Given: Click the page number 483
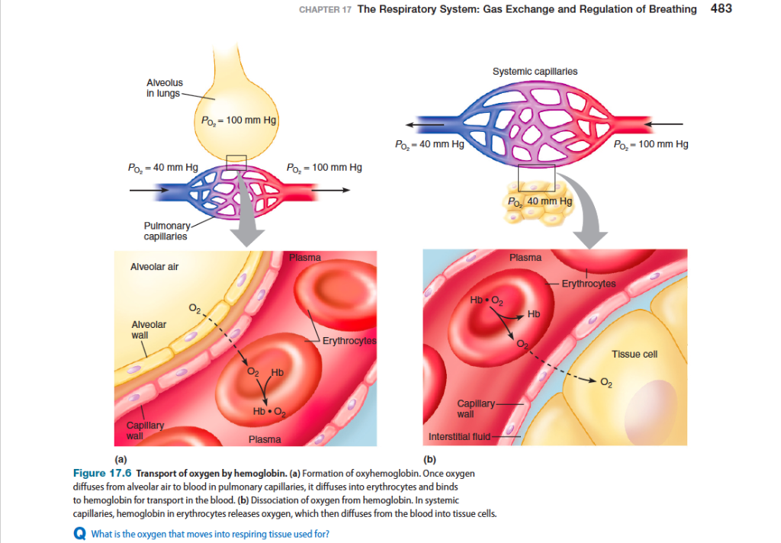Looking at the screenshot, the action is (721, 8).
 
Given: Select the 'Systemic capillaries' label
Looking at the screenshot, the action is (535, 71).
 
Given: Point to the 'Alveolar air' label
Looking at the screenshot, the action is (154, 266).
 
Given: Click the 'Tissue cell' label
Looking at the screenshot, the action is (635, 354).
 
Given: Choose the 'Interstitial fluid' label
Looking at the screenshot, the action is (459, 437).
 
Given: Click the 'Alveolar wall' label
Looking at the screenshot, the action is (149, 329).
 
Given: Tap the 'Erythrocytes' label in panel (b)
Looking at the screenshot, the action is (589, 284).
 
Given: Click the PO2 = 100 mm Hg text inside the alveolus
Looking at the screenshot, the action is (239, 120).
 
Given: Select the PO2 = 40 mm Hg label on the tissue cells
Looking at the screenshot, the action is (540, 201).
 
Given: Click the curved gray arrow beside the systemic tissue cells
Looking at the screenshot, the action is (585, 209).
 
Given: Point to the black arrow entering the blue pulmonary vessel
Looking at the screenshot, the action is (149, 190).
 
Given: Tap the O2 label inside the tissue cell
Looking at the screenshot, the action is (606, 383).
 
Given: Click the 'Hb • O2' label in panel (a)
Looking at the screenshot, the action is (269, 412).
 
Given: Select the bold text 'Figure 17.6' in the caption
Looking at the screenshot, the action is (102, 474).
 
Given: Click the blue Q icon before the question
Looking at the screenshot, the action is (79, 534).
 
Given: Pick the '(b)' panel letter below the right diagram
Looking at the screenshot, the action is (429, 459).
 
